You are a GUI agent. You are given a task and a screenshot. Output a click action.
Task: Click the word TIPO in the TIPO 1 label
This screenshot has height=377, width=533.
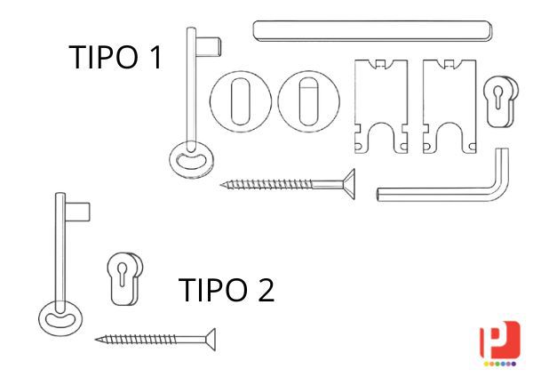[x=103, y=57]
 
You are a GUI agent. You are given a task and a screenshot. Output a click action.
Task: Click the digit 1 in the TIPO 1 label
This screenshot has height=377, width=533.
[x=155, y=57]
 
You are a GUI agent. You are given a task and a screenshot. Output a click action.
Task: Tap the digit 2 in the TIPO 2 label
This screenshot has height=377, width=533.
[x=266, y=290]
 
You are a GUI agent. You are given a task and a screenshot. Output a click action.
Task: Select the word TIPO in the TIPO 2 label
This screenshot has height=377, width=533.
[x=213, y=290]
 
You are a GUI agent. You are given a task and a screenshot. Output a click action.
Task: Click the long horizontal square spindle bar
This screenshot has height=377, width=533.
[x=372, y=31]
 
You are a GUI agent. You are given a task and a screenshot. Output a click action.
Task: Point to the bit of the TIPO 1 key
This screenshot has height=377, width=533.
[x=209, y=46]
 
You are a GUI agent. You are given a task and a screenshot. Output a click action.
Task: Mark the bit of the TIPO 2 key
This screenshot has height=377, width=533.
[x=77, y=212]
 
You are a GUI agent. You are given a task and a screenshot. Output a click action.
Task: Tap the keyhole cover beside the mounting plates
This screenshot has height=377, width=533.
[x=501, y=101]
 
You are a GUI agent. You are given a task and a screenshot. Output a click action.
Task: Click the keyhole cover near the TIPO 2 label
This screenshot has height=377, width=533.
[x=124, y=278]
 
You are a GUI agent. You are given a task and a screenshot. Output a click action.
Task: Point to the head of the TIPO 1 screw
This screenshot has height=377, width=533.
[x=349, y=184]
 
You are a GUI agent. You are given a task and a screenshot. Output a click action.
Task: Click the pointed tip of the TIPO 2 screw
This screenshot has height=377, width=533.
[x=96, y=339]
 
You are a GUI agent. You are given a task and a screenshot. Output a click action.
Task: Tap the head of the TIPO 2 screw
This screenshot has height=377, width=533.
[x=211, y=340]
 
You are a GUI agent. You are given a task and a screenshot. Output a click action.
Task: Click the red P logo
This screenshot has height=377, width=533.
[x=499, y=340]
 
